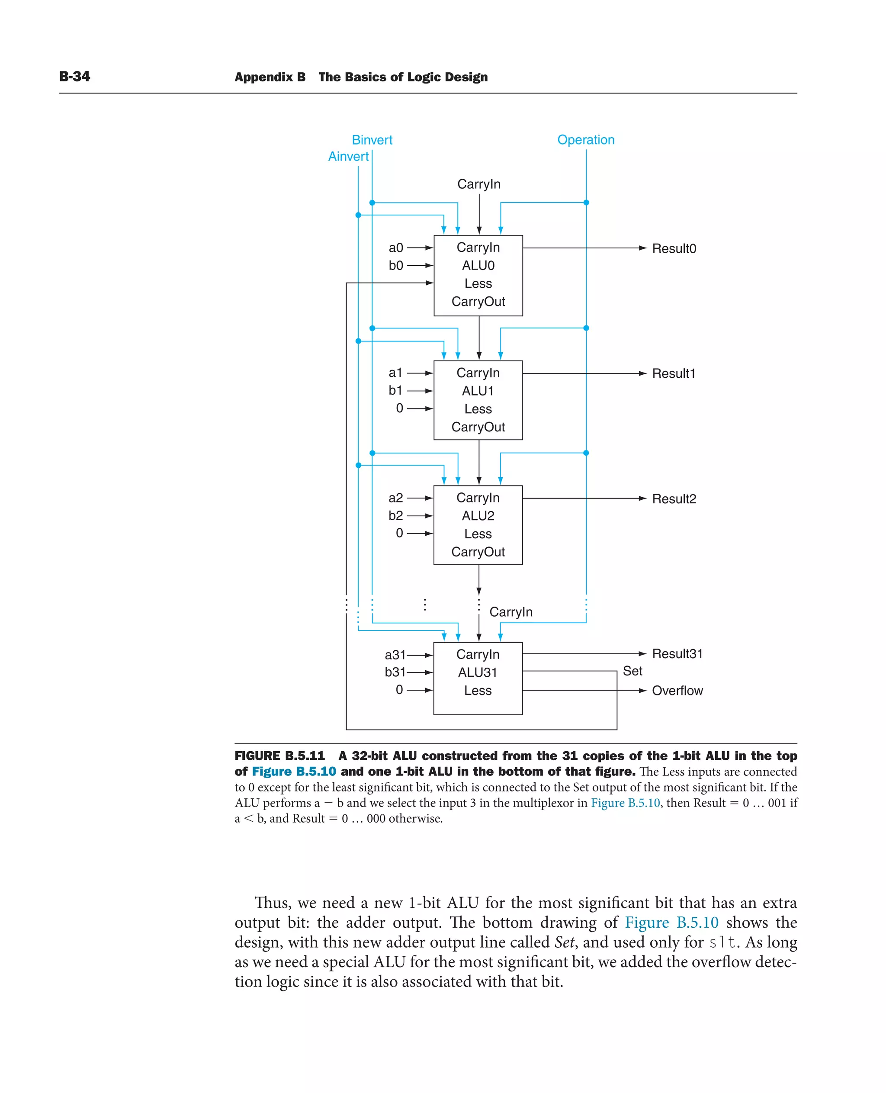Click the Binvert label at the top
(372, 140)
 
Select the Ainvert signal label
(348, 156)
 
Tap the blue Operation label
(585, 140)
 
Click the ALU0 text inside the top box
(478, 266)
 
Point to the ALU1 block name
(478, 391)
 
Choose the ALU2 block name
(478, 516)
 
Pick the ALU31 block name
(477, 672)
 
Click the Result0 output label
(674, 249)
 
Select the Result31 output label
(677, 653)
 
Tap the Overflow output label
(677, 690)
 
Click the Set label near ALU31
(632, 671)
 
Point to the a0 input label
(395, 248)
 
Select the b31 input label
(395, 672)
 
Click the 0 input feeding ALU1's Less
(399, 408)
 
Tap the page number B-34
(74, 77)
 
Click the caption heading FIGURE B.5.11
(279, 755)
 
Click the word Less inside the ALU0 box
(478, 283)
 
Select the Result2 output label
(674, 499)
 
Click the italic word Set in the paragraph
(564, 942)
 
